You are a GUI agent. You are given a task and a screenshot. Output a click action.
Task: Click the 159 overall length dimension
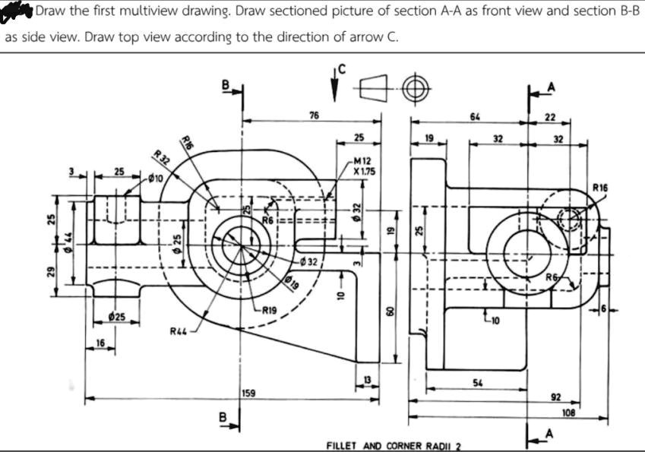point(249,393)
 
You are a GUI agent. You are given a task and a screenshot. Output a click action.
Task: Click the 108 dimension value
point(568,412)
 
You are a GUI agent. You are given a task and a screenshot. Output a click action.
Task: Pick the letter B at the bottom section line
point(223,417)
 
